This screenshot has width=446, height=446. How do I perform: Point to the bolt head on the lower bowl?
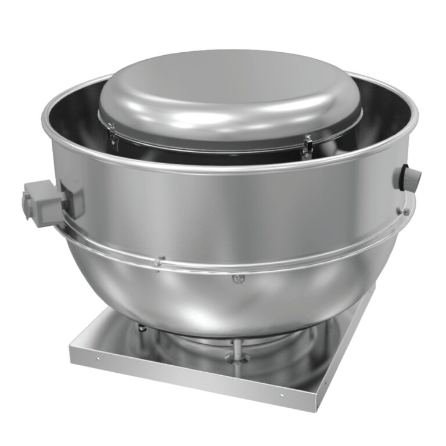pos(236,279)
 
